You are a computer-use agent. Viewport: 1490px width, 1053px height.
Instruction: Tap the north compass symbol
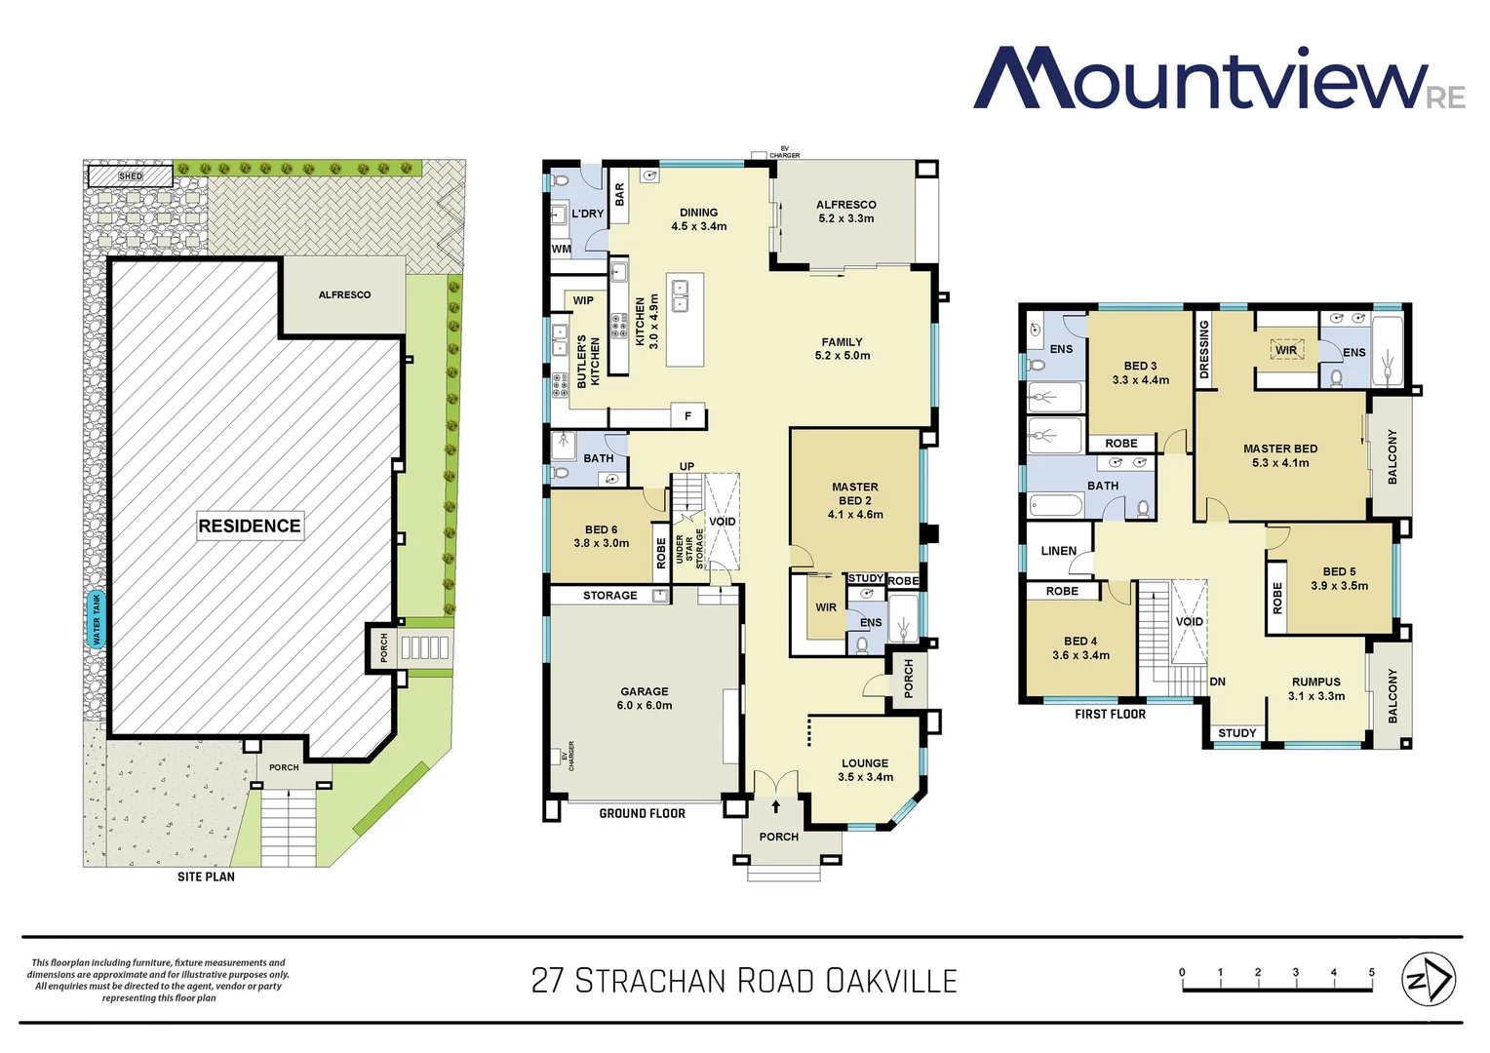(x=1428, y=979)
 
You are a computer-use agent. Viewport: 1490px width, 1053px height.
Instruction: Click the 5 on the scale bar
(x=1371, y=972)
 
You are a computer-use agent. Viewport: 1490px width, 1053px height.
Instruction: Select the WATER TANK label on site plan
(x=96, y=620)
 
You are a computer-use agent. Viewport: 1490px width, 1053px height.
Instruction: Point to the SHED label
(x=131, y=176)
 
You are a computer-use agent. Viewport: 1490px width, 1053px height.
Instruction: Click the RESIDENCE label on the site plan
(x=250, y=526)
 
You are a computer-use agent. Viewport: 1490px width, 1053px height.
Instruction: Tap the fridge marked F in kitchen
(x=687, y=416)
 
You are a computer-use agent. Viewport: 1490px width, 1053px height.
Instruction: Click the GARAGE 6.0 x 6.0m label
(x=645, y=698)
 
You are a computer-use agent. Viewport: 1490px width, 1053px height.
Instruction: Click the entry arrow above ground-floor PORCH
(x=775, y=806)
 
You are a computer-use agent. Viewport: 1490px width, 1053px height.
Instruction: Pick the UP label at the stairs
(x=686, y=466)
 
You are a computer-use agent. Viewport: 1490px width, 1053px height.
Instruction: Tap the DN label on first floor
(x=1217, y=682)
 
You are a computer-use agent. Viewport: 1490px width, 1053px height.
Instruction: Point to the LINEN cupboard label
(x=1058, y=551)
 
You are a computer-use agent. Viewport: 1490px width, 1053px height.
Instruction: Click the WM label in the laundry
(x=562, y=249)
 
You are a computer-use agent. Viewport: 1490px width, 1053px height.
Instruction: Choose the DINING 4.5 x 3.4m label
(x=698, y=219)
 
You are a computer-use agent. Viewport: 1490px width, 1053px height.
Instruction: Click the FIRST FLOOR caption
(x=1110, y=714)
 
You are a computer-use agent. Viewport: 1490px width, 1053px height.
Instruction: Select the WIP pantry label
(x=583, y=300)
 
